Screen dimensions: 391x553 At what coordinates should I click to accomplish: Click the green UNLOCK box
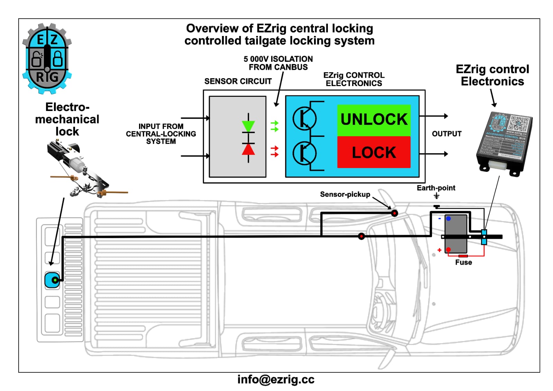tap(374, 120)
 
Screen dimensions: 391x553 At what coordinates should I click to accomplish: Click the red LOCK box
tap(374, 152)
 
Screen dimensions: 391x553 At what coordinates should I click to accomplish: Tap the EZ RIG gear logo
tap(47, 58)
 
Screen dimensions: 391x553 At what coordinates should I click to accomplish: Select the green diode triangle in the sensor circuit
tap(248, 126)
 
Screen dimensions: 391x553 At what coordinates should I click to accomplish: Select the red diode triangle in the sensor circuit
tap(248, 149)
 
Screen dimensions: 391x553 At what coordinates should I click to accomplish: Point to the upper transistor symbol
tap(304, 119)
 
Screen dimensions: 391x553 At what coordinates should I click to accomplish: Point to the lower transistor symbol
tap(304, 153)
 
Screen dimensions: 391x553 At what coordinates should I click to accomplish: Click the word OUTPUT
tap(446, 134)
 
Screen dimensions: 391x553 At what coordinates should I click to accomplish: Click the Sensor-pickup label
tap(345, 194)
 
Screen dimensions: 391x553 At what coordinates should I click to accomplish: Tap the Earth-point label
tap(436, 188)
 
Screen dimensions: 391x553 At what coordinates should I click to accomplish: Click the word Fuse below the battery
tap(463, 262)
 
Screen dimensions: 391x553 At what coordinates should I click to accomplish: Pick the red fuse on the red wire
tap(463, 256)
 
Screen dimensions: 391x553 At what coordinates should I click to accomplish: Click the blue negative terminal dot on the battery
tap(448, 218)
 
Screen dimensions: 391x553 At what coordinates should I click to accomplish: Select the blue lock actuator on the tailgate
tap(52, 280)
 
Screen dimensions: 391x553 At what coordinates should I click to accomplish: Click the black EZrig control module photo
tap(504, 143)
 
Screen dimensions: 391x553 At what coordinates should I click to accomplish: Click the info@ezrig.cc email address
tap(276, 380)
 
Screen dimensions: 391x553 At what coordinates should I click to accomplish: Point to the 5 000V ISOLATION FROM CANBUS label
tap(278, 63)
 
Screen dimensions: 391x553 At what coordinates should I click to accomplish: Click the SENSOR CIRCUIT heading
tap(238, 81)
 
